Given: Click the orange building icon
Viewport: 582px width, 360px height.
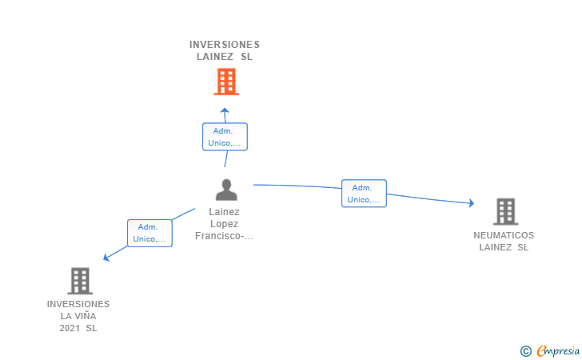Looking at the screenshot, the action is point(226,82).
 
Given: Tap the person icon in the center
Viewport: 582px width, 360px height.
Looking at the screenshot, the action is point(226,190).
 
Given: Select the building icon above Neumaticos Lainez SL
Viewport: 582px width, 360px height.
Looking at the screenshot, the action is point(505,211).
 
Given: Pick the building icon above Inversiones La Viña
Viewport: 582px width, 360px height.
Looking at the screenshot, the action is point(80,281).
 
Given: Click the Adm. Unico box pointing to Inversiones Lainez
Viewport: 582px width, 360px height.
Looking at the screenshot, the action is point(225,137).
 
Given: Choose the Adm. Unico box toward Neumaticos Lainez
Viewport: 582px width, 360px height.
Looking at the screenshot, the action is point(364,193).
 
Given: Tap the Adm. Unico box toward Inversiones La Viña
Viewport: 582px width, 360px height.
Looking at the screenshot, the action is point(149,233).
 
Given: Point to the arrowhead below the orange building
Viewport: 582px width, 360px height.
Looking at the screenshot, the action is point(225,110).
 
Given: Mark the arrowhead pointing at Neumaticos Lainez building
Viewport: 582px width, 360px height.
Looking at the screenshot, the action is point(472,203).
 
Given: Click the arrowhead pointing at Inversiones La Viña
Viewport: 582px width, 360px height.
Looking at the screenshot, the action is point(106,257).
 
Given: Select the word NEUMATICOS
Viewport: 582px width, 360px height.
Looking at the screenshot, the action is point(504,235).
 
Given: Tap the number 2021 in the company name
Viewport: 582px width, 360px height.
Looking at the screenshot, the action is point(70,328).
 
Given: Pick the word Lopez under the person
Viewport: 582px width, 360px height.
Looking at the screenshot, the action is point(224,224).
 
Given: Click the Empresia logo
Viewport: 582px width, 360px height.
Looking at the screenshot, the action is point(558,350).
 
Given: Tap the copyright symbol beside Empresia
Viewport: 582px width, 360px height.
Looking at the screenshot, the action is point(526,351).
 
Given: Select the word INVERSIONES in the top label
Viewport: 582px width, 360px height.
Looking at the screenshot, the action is point(225,45).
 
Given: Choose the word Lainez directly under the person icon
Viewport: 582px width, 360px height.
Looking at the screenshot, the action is point(224,212).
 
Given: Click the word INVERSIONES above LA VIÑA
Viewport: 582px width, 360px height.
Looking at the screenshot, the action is point(78,304).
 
